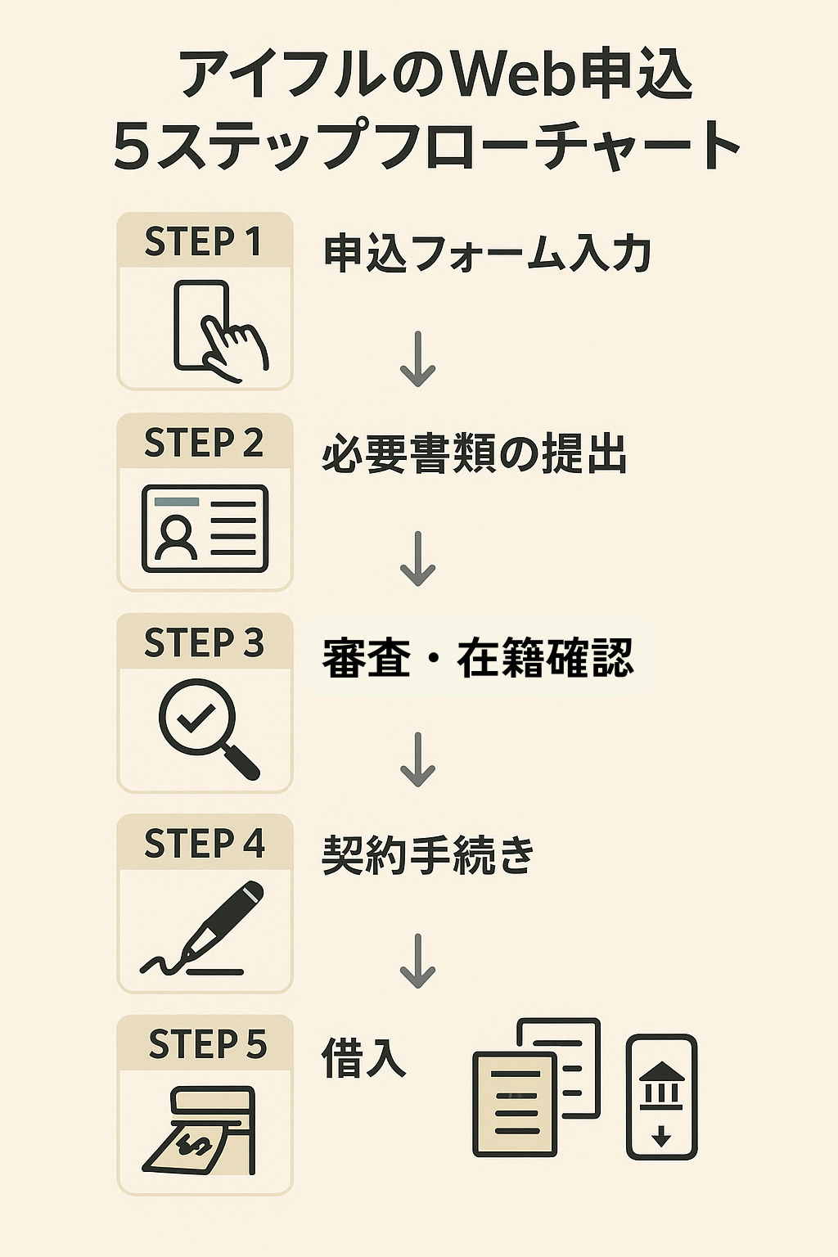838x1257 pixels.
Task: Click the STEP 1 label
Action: click(204, 241)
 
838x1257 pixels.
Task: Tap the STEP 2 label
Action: click(204, 443)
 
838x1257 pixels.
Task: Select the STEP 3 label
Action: click(204, 643)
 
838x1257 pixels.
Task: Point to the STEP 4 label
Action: click(204, 844)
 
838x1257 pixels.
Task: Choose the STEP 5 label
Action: click(207, 1045)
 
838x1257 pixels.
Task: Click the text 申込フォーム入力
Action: click(487, 253)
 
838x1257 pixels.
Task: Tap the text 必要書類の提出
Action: click(474, 454)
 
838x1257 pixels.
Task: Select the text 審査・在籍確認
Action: click(478, 658)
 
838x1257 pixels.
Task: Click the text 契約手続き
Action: click(428, 855)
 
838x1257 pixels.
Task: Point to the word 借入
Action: click(363, 1057)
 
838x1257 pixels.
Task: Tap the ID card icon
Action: click(205, 529)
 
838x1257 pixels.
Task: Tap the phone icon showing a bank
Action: click(661, 1097)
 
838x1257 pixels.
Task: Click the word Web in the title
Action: click(514, 75)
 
